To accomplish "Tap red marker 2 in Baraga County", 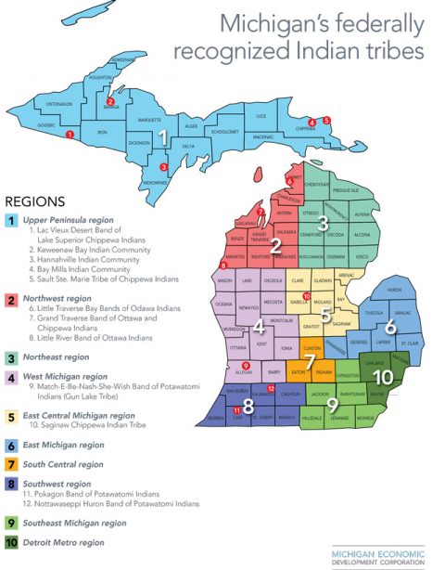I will pyautogui.click(x=110, y=102).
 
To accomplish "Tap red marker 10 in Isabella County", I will pyautogui.click(x=306, y=295).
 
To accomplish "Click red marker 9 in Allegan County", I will pyautogui.click(x=245, y=366).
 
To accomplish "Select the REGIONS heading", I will pyautogui.click(x=35, y=200).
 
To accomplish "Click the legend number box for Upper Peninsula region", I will pyautogui.click(x=11, y=220).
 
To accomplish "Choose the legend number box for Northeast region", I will pyautogui.click(x=11, y=356).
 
